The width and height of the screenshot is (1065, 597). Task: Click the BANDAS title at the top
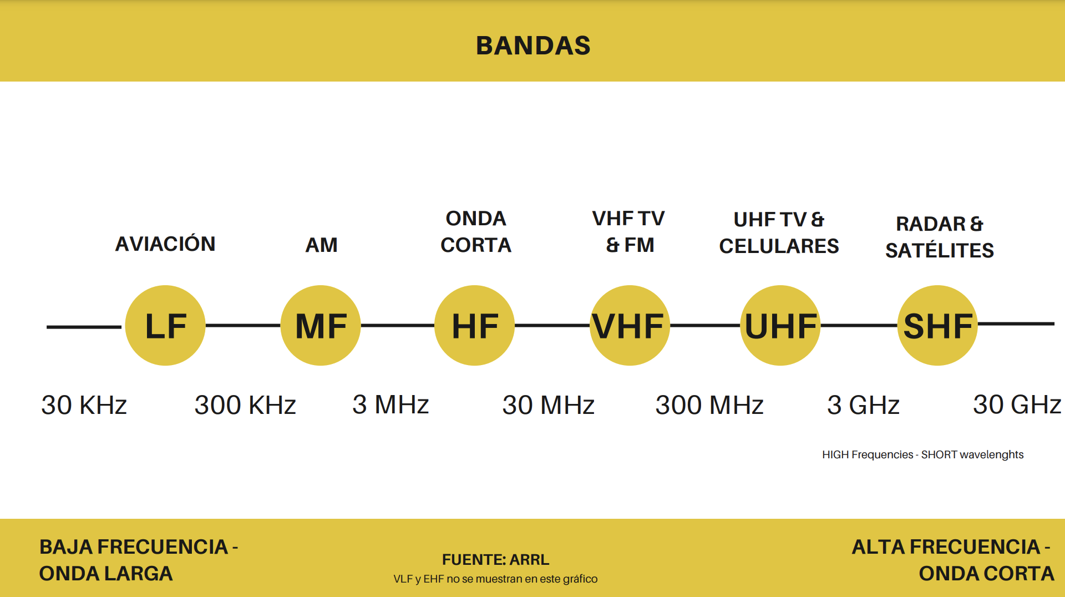click(x=533, y=45)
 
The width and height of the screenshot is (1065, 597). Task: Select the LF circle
click(x=165, y=326)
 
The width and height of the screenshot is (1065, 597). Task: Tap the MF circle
click(x=321, y=326)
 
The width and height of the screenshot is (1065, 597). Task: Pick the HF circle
click(x=474, y=326)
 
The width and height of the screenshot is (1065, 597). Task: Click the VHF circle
click(x=630, y=326)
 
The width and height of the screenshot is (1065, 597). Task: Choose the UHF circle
click(x=780, y=326)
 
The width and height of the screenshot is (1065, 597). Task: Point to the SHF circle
click(x=937, y=326)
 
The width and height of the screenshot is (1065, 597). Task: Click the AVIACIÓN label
click(x=165, y=244)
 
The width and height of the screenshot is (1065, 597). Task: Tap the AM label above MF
click(x=321, y=245)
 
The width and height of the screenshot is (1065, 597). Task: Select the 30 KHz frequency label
click(x=84, y=405)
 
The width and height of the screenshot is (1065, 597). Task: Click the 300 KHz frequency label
click(x=245, y=405)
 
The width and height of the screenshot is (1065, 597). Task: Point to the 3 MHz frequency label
click(x=390, y=404)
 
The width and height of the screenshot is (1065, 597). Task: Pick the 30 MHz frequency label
click(x=548, y=405)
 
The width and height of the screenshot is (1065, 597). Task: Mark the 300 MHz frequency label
click(x=709, y=405)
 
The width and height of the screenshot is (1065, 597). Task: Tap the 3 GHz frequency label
click(x=863, y=405)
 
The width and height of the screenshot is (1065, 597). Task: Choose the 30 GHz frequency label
click(x=1017, y=404)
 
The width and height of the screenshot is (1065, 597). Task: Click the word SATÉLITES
click(x=940, y=251)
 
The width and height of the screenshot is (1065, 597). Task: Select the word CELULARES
click(x=779, y=246)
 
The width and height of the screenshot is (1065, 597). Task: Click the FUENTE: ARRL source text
click(x=495, y=559)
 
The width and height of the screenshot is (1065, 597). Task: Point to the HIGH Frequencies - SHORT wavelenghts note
click(x=922, y=455)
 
